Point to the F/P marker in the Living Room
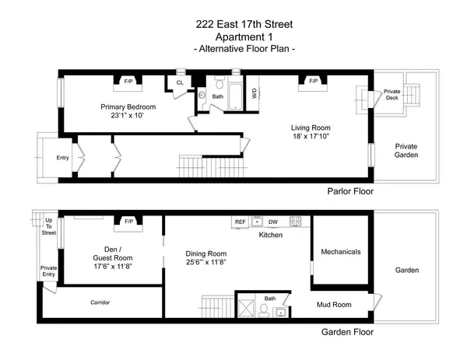tap(314, 80)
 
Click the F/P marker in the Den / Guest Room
tap(128, 222)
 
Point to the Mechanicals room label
tap(341, 252)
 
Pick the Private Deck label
tap(392, 95)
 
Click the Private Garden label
tap(406, 150)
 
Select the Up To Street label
tap(49, 226)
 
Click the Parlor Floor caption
tap(349, 190)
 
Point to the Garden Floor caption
tap(347, 331)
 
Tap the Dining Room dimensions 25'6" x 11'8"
tap(206, 264)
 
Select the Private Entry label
tap(48, 271)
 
